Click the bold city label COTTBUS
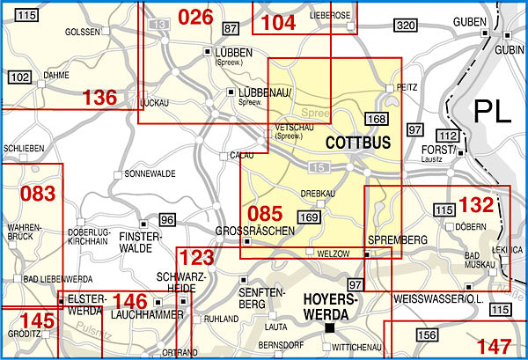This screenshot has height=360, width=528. tap(357, 141)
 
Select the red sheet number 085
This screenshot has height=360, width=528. tap(265, 213)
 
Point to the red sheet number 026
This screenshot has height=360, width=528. tap(195, 17)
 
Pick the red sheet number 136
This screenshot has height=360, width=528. tap(99, 98)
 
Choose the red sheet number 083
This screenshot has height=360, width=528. tap(38, 193)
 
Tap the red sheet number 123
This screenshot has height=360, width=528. tap(196, 259)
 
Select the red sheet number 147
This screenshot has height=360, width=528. tap(493, 345)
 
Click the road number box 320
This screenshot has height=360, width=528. tap(405, 26)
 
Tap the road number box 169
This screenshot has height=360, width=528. tap(309, 217)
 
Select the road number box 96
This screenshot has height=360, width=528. tap(167, 218)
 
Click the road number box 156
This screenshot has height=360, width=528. tap(427, 334)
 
